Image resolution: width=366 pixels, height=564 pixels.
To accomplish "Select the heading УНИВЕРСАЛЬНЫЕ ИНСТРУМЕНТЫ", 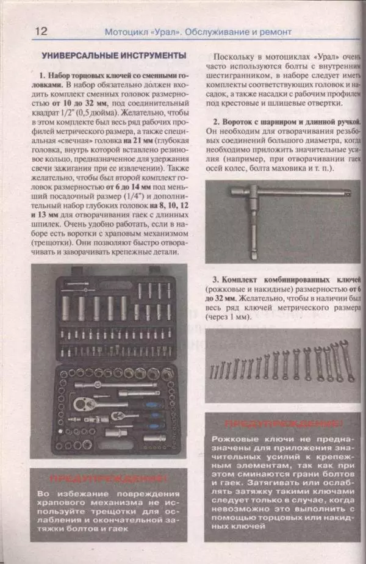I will (x=113, y=55).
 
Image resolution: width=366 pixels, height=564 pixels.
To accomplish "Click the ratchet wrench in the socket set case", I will (x=107, y=403).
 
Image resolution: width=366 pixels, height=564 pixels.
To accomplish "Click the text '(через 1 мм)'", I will (x=228, y=317).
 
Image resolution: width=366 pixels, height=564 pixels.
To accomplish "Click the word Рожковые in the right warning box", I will (x=235, y=439).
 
